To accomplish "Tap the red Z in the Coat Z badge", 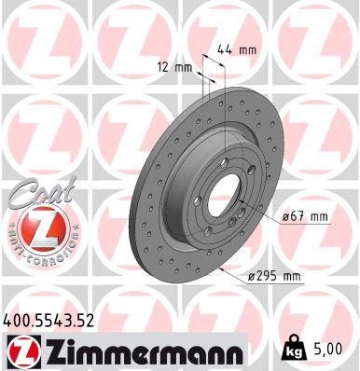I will pos(35,228).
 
